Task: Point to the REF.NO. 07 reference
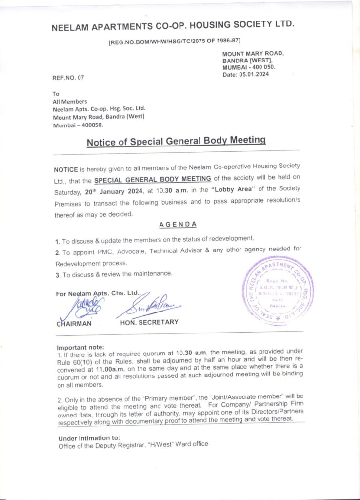tap(68, 78)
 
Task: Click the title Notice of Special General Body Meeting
tap(176, 142)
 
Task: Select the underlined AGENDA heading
tap(178, 224)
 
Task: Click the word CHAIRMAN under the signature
tap(74, 323)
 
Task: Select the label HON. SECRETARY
tap(149, 322)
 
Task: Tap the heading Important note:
tap(77, 347)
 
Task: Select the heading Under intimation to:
tap(89, 437)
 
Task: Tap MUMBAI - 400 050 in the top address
tap(249, 67)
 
